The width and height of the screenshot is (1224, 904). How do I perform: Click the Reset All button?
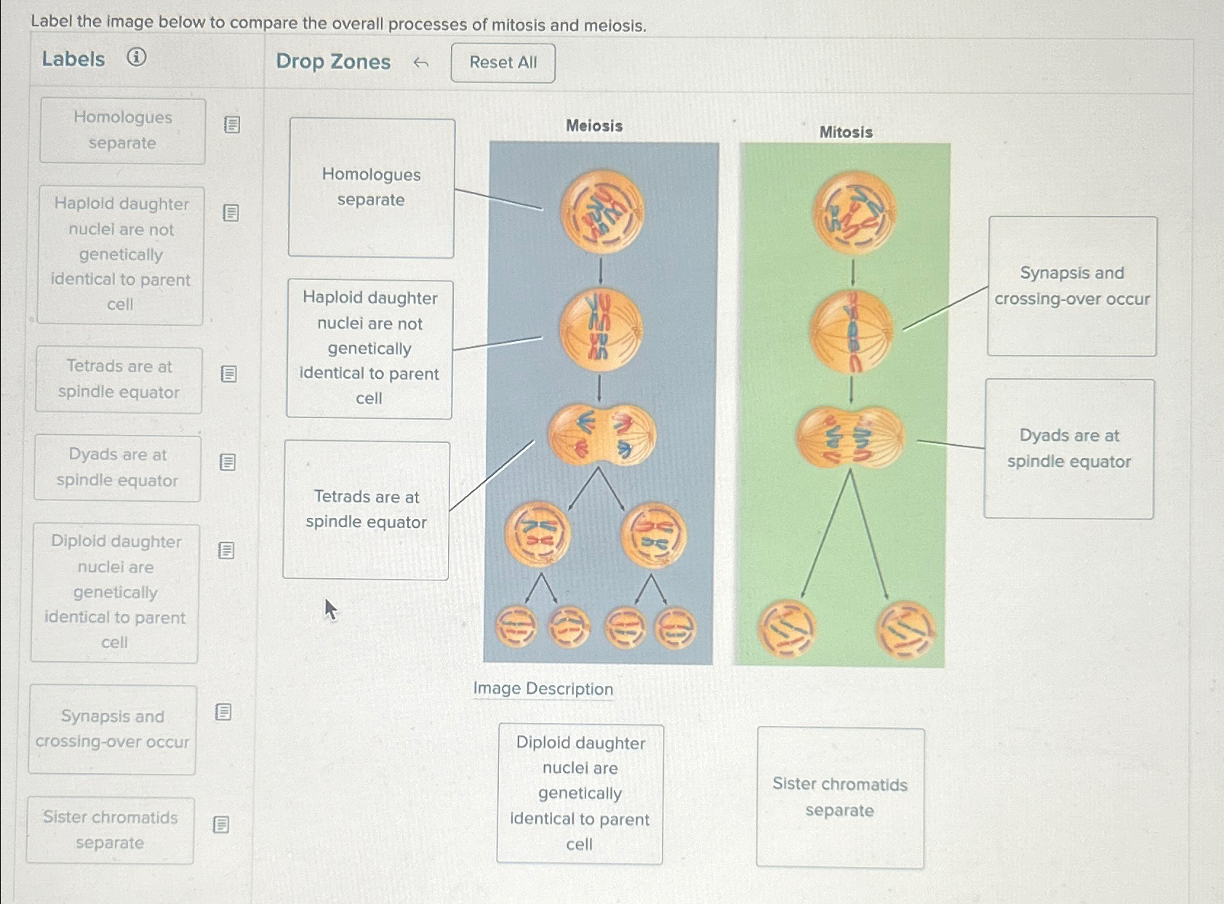click(503, 63)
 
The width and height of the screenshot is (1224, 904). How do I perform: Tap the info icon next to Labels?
click(136, 57)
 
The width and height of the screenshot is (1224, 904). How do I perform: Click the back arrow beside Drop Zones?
click(420, 63)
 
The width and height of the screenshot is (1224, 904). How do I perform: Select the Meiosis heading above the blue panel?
click(594, 126)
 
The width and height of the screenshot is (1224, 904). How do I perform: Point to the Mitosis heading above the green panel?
click(846, 132)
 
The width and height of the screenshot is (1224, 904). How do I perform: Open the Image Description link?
click(543, 689)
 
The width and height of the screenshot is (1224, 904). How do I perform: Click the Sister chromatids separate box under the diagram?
click(840, 797)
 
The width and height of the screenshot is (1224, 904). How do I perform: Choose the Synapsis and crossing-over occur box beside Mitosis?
click(1072, 286)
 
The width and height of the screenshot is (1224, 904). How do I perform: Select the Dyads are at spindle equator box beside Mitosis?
click(1069, 449)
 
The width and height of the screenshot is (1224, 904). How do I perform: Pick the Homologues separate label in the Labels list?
click(123, 131)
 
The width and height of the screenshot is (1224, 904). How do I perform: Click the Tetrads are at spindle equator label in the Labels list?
click(119, 379)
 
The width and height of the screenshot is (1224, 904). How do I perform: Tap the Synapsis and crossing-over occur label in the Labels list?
click(113, 729)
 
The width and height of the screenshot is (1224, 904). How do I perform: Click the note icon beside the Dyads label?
click(228, 463)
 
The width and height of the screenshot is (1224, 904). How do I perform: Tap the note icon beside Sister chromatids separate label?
click(221, 824)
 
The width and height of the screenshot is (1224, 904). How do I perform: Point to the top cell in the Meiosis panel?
click(602, 212)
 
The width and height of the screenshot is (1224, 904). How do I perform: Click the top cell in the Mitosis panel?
click(854, 212)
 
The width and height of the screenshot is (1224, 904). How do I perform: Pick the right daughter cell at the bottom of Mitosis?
click(905, 630)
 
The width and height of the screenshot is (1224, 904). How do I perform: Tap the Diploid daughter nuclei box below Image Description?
click(580, 793)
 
